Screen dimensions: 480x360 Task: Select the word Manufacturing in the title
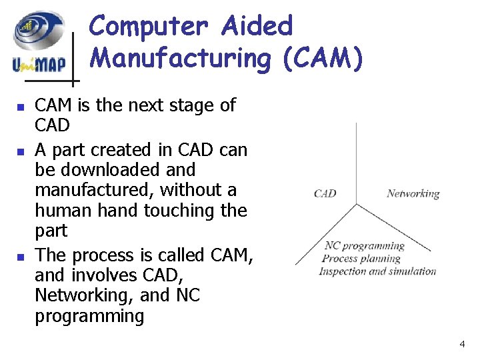pos(180,58)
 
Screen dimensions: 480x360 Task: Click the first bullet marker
pos(21,107)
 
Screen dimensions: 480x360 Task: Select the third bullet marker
pos(21,256)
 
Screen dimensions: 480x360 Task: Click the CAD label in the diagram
pos(325,194)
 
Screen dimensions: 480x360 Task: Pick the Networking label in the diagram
pos(413,194)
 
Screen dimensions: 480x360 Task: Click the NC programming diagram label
pos(364,246)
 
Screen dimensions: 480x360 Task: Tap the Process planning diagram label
pos(361,258)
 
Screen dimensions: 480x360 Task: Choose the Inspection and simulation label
pos(377,271)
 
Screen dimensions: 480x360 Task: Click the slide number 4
pos(462,344)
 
